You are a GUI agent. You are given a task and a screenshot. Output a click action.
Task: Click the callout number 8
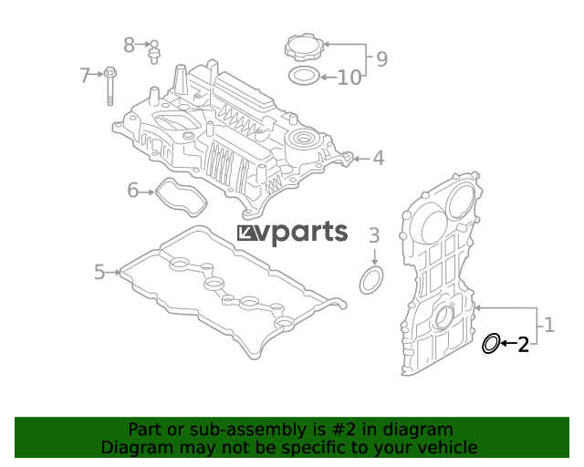pos(129,45)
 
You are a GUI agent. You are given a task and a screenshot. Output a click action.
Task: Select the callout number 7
pos(85,75)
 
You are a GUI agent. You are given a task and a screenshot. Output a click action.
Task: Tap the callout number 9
pos(381,59)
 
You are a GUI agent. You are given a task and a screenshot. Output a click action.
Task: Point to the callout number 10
pos(349,78)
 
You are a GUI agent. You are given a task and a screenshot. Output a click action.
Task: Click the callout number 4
pos(379,158)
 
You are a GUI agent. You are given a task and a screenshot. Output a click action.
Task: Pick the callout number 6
pos(132,190)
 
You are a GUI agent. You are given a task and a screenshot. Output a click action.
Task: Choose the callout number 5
pos(99,272)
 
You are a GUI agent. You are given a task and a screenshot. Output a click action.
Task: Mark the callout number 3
pos(374,235)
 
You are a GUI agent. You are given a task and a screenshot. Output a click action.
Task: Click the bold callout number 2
pos(523,345)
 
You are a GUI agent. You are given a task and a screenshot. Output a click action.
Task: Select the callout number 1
pos(549,325)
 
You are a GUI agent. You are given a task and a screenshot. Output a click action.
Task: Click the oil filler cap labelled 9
pos(305,47)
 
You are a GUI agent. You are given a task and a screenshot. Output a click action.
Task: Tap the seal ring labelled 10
pos(304,76)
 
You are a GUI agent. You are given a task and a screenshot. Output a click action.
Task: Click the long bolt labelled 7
pos(109,86)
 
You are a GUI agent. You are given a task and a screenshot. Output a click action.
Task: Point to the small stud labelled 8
pos(154,52)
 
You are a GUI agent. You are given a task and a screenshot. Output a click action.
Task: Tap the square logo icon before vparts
pos(245,233)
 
